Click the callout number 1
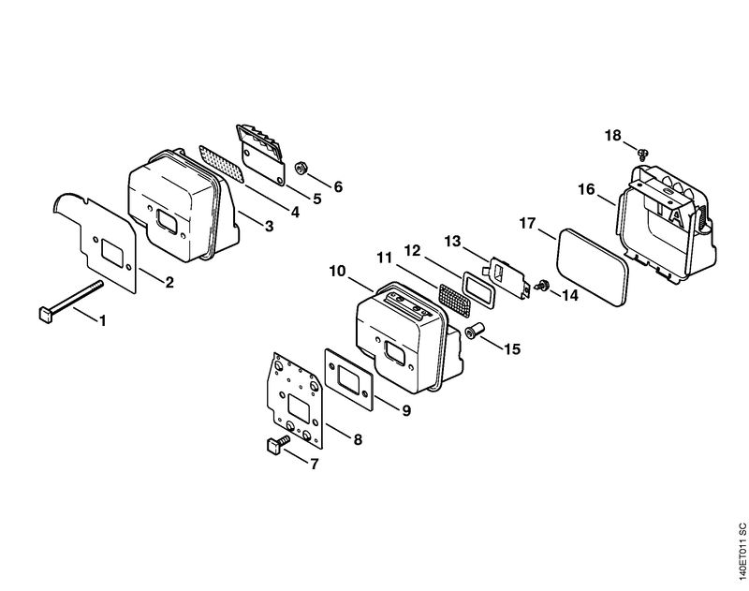[x=102, y=320]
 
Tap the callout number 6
[x=338, y=186]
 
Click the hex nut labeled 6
[x=301, y=169]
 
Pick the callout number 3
[x=270, y=226]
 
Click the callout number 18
[x=613, y=136]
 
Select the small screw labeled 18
[x=643, y=154]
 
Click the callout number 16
[x=587, y=189]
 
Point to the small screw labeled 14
[x=542, y=285]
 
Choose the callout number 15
[x=511, y=348]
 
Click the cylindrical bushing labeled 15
[x=474, y=331]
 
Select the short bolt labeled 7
[x=276, y=443]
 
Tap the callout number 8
[x=358, y=439]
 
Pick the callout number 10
[x=337, y=272]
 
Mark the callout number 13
[x=452, y=242]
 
